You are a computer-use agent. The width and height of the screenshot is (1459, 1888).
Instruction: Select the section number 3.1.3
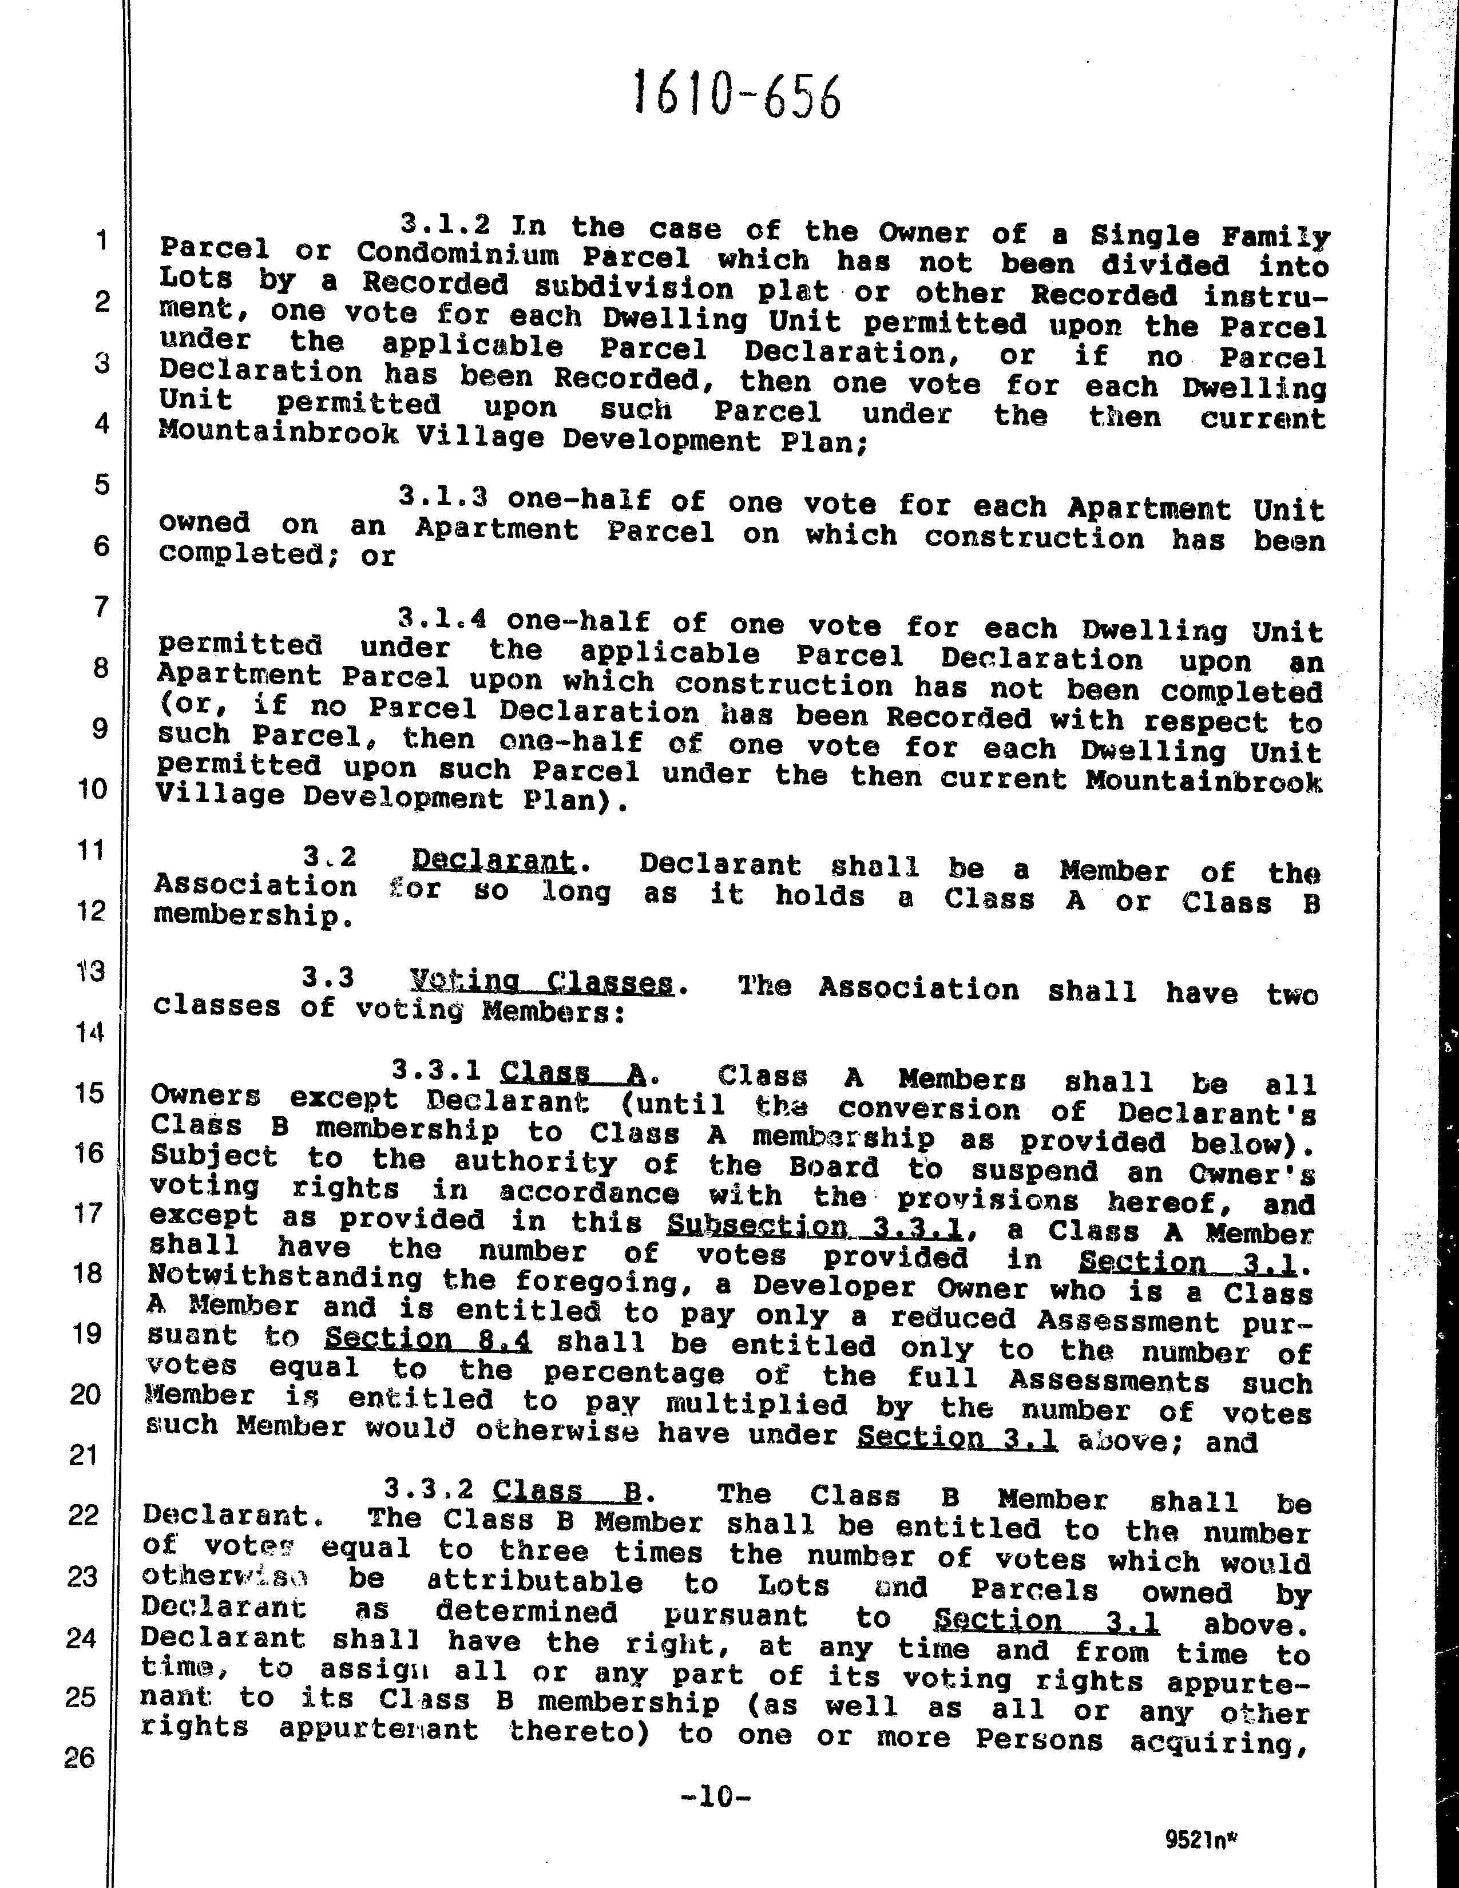(x=443, y=497)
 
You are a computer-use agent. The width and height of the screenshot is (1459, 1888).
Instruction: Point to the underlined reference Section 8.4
(x=429, y=1339)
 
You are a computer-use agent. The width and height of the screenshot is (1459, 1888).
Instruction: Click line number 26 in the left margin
(x=80, y=1758)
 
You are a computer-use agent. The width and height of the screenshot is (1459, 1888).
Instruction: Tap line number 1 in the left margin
(x=102, y=240)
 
